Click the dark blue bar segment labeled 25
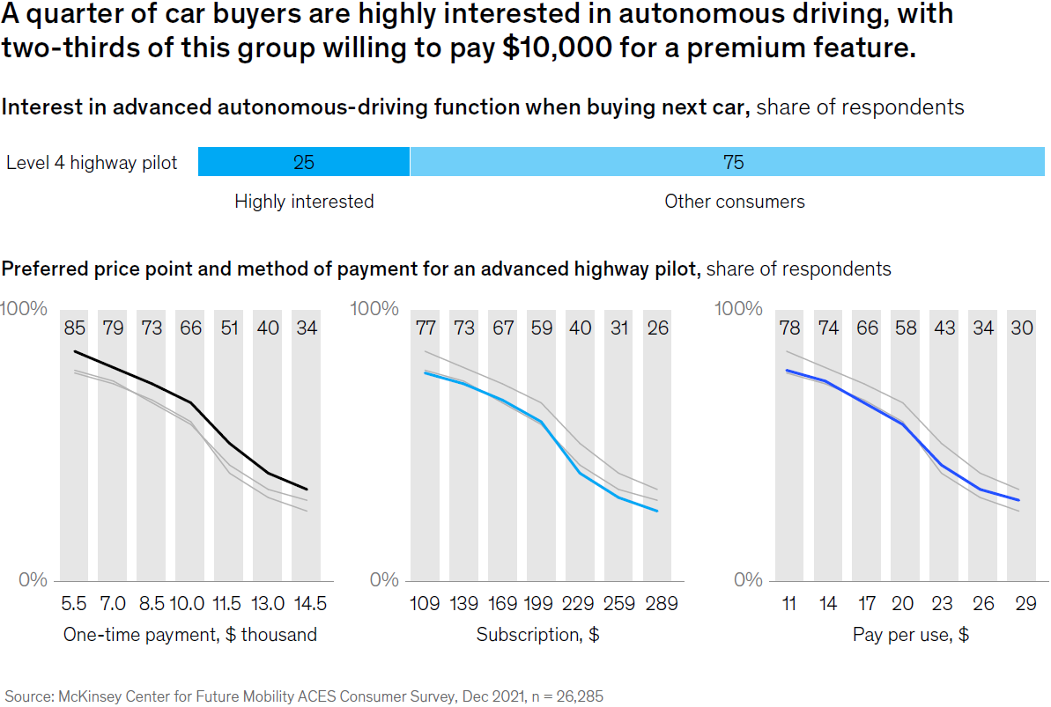tap(304, 162)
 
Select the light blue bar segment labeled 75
tap(732, 162)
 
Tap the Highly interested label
tap(304, 202)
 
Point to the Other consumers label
tap(734, 202)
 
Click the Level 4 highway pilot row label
tap(92, 163)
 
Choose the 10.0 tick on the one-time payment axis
tap(188, 605)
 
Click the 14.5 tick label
tap(307, 605)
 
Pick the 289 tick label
tap(661, 605)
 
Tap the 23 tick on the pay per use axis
tap(942, 605)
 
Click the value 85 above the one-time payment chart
tap(74, 329)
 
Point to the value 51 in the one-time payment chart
tap(228, 329)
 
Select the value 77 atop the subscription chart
tap(426, 329)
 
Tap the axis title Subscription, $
tap(537, 635)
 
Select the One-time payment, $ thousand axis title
tap(189, 635)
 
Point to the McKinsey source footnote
tap(305, 696)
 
